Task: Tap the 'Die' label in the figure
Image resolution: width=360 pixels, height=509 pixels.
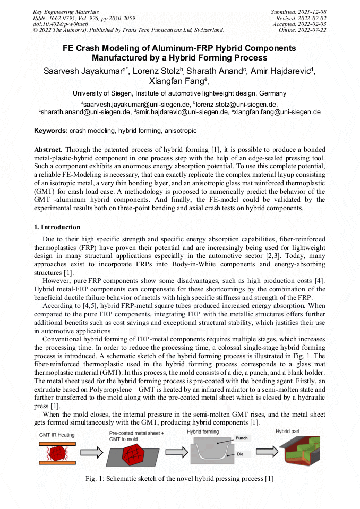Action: coord(239,454)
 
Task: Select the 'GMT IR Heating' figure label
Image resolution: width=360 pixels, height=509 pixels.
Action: coord(57,435)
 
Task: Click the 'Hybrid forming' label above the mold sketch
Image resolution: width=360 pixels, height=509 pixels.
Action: coord(202,432)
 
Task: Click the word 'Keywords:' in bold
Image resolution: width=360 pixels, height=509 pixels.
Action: coord(51,130)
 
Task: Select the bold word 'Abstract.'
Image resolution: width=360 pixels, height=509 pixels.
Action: coord(49,150)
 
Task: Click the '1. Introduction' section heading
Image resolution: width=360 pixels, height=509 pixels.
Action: coord(57,227)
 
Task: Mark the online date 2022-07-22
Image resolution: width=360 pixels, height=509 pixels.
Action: coord(312,30)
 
